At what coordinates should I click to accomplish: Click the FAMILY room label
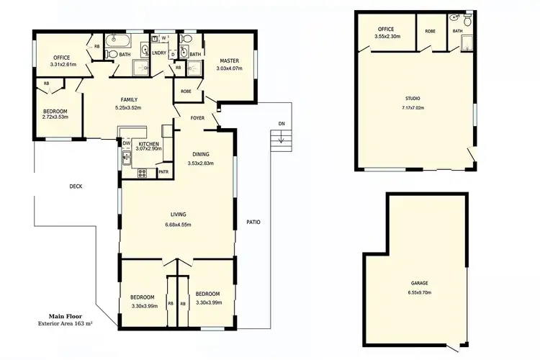(130, 100)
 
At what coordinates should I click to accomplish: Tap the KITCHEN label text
(148, 144)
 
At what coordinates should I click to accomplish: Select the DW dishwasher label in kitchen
(126, 143)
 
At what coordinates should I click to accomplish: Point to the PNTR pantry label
(163, 172)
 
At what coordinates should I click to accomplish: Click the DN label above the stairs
(282, 125)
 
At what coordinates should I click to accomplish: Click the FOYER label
(198, 118)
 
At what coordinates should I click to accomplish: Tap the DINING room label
(201, 154)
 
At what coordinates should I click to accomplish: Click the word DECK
(76, 186)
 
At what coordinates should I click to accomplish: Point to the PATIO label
(253, 222)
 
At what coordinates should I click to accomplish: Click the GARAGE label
(420, 283)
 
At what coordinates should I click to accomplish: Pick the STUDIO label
(413, 99)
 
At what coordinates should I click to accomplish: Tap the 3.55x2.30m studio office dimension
(387, 37)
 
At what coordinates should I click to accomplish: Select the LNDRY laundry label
(160, 53)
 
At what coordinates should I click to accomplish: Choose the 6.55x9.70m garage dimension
(420, 292)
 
